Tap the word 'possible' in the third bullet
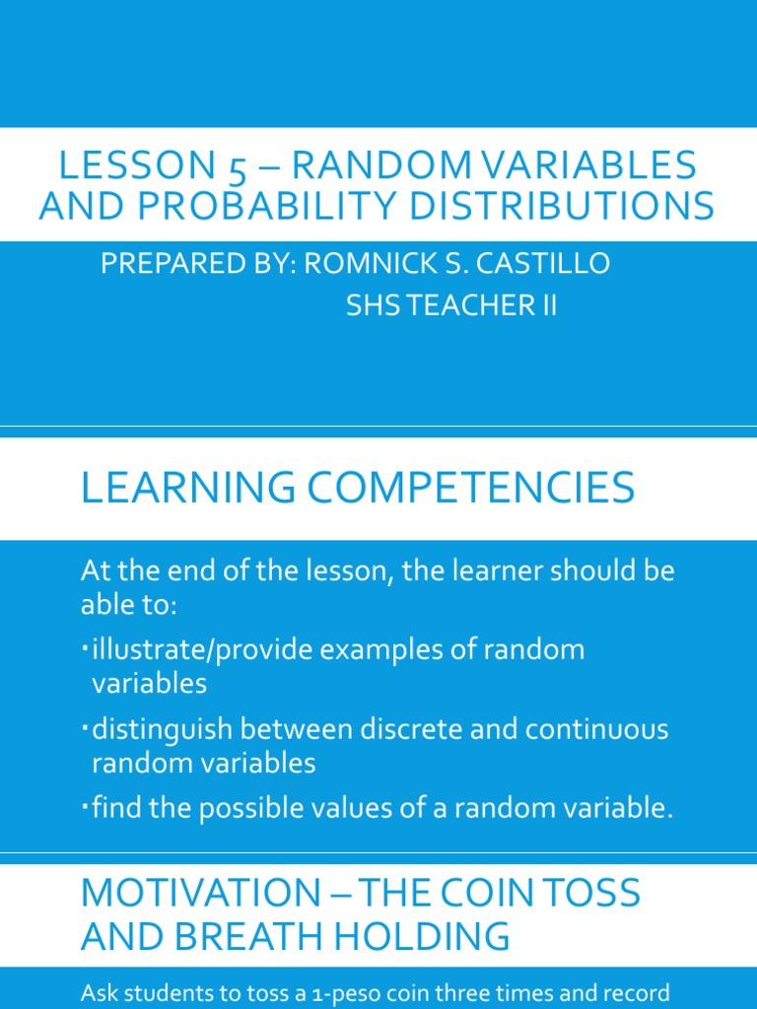pyautogui.click(x=250, y=810)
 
